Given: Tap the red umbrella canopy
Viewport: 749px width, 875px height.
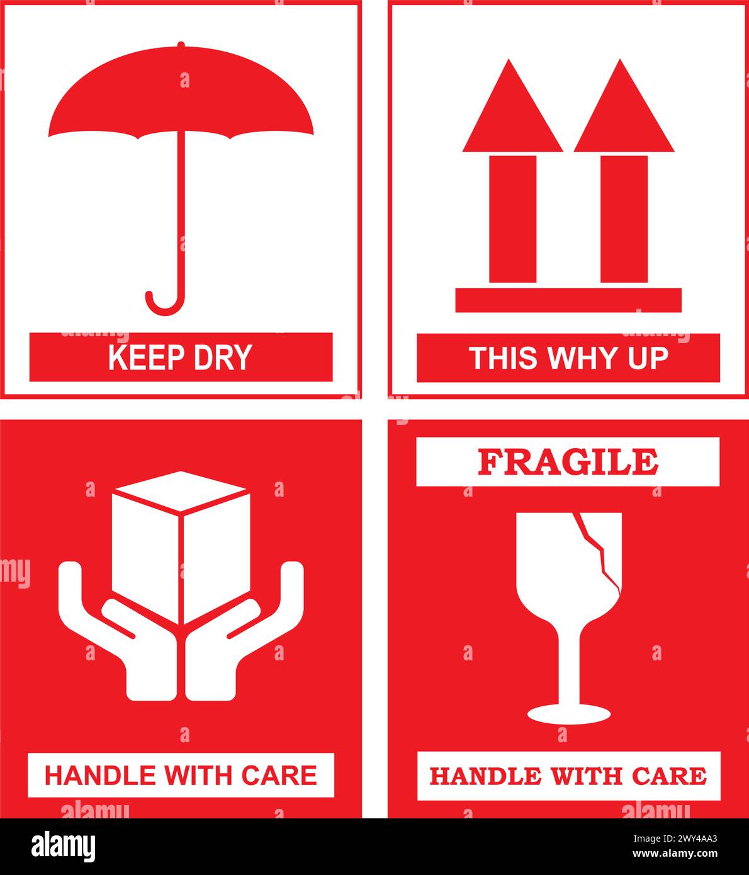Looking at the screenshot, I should point(181,94).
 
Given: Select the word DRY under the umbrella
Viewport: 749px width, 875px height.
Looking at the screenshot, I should point(223,358).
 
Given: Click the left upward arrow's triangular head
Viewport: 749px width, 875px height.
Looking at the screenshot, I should point(512,113).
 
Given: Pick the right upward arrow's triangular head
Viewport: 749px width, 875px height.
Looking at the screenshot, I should point(623,113).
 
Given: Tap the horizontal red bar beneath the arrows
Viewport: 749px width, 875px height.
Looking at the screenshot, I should point(568,300).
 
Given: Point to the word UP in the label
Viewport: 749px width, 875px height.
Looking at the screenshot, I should point(648,358).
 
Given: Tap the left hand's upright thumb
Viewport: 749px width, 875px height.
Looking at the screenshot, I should point(70,585).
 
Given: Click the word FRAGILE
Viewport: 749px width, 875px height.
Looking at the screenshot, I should point(568,462).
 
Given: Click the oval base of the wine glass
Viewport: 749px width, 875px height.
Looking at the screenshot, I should point(568,714).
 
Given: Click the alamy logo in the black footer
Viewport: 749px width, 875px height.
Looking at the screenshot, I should point(64,845).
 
